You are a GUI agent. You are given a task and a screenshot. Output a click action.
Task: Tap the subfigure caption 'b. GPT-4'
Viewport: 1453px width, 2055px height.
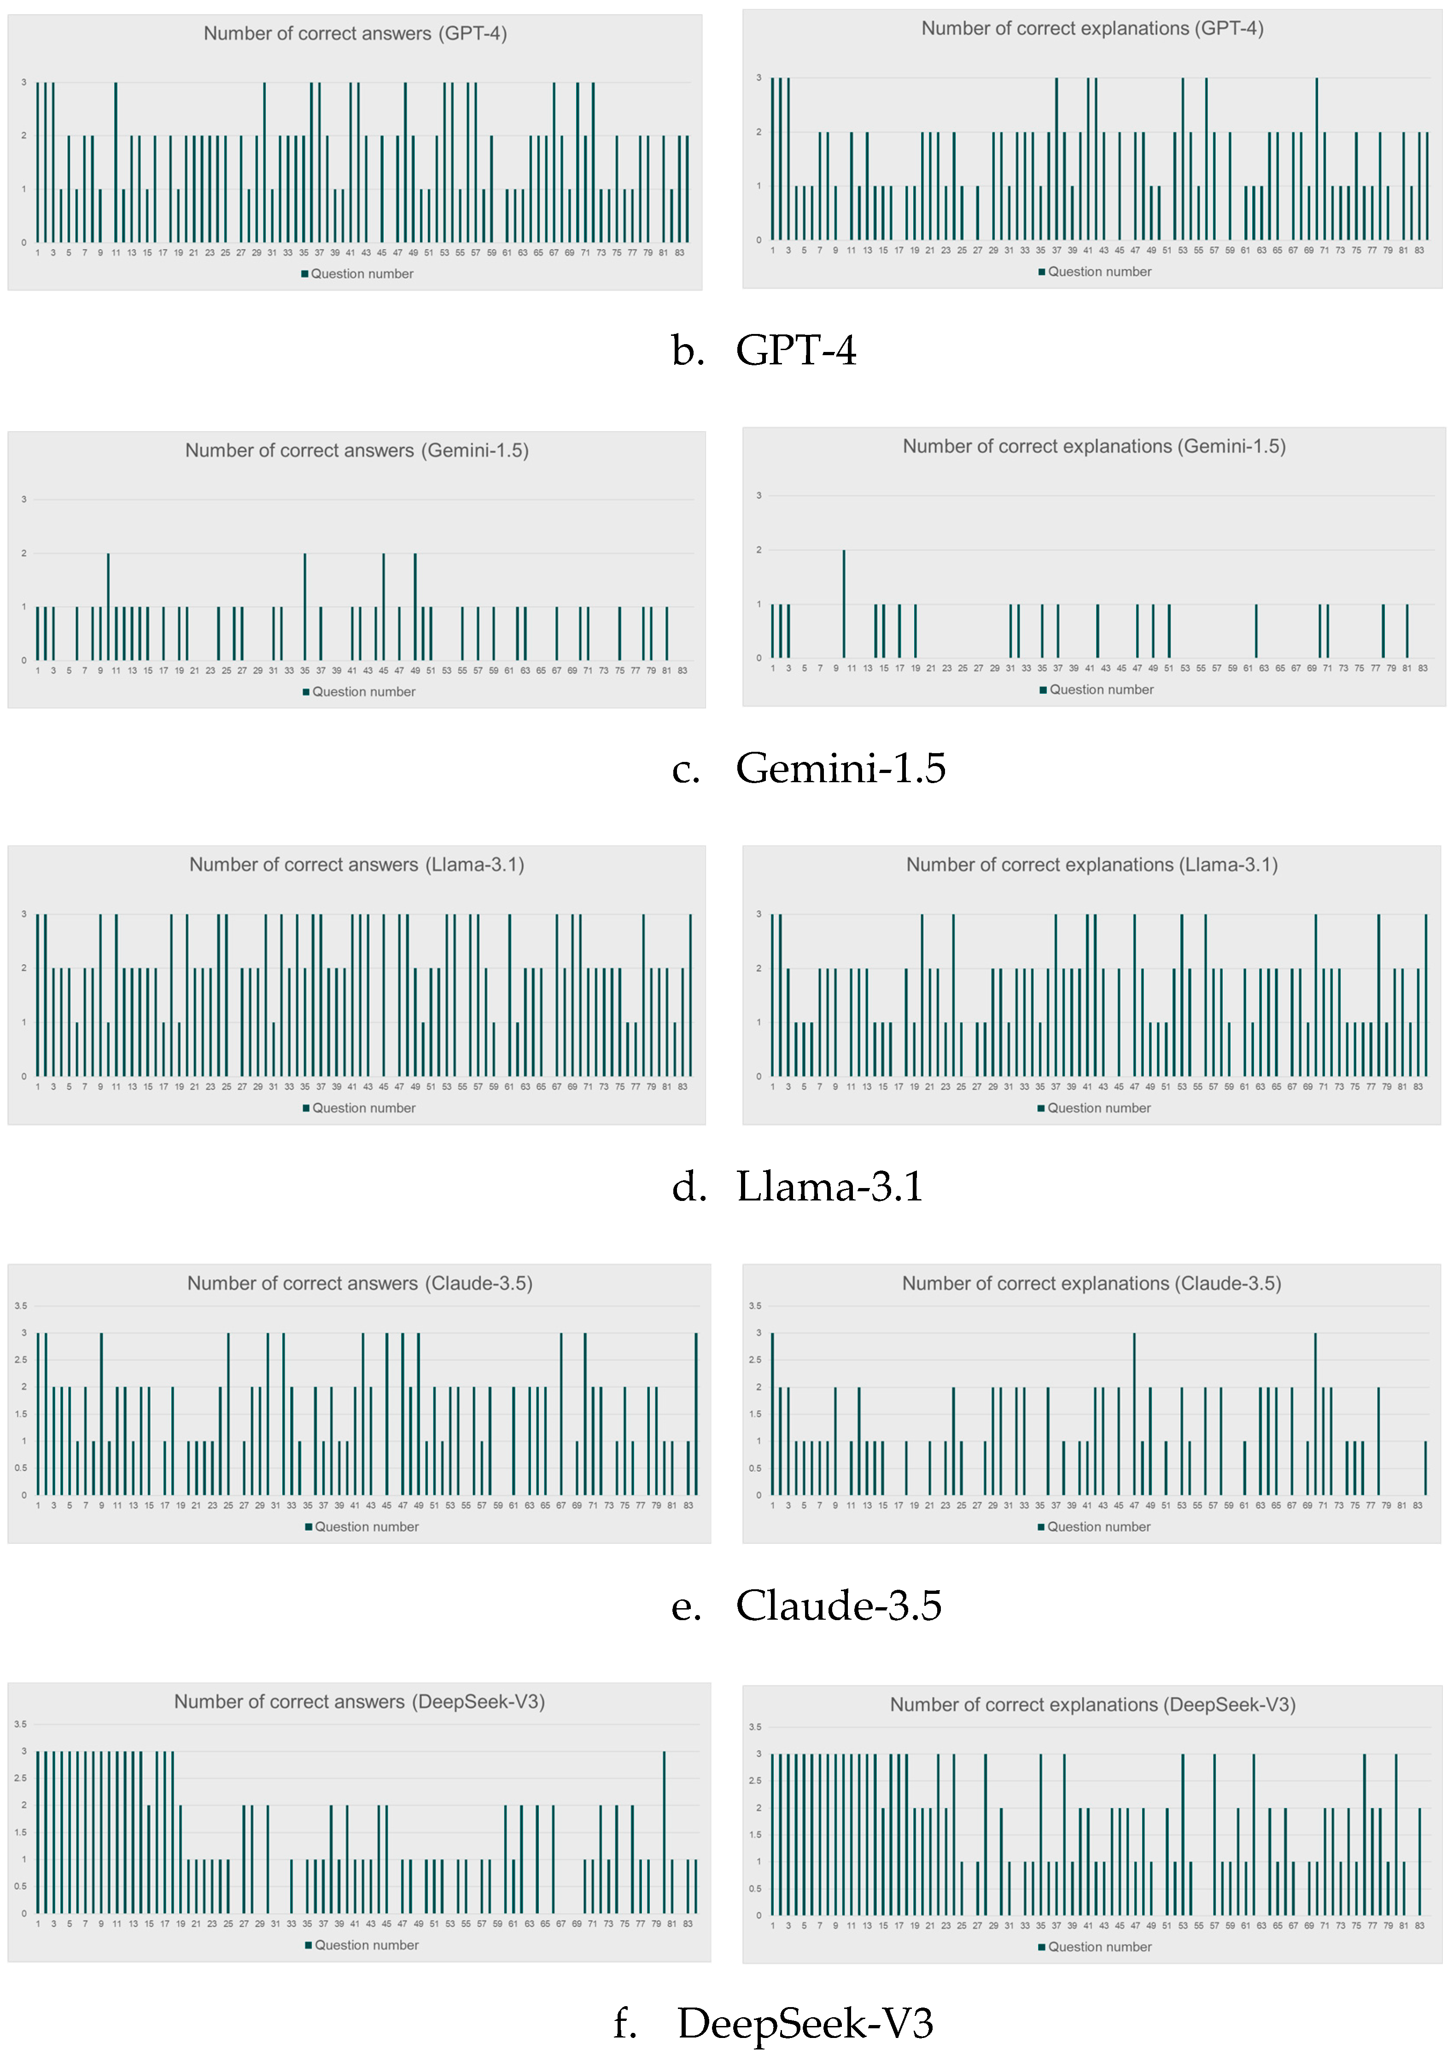[763, 350]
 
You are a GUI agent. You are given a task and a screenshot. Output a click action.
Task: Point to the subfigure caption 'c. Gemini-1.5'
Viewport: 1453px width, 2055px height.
[808, 768]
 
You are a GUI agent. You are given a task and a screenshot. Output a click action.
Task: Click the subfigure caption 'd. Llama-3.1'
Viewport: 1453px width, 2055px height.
[797, 1187]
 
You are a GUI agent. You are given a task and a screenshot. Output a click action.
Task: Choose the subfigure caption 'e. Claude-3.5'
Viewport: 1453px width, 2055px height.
[806, 1605]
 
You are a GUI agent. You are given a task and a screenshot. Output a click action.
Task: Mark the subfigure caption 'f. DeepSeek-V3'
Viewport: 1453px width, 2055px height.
[773, 2023]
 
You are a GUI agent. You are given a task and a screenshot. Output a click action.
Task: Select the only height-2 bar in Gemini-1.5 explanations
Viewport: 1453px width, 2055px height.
[844, 604]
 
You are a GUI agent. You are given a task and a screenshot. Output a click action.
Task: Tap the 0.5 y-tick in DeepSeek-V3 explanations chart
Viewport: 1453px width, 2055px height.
[755, 1889]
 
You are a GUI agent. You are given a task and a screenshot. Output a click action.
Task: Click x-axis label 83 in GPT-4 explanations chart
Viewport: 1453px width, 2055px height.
[1419, 251]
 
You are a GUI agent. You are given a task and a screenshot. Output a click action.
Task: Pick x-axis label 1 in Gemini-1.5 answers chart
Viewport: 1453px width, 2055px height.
[38, 670]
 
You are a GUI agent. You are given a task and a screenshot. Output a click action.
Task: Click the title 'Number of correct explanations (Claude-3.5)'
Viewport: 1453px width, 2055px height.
[1091, 1283]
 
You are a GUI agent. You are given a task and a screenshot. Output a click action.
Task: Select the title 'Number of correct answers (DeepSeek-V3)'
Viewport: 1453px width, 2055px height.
[359, 1702]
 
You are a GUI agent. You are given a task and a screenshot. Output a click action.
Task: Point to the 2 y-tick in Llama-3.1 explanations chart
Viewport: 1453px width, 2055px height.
[759, 968]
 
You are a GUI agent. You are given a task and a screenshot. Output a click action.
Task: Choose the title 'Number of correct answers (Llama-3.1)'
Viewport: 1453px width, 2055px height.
[356, 865]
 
